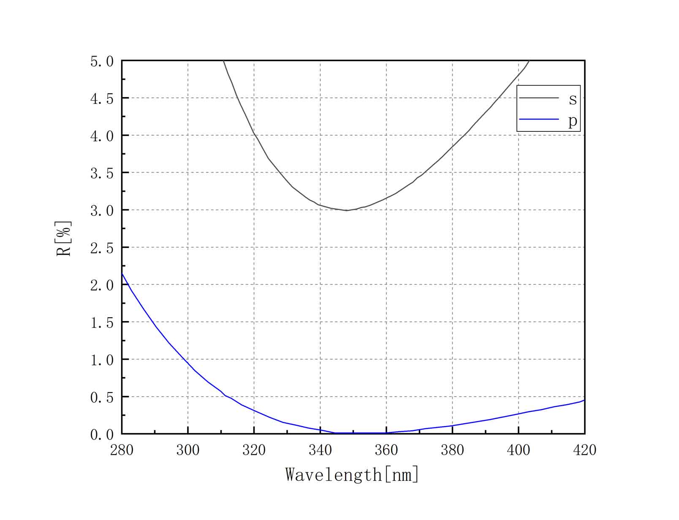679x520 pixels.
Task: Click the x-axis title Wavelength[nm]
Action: coord(352,474)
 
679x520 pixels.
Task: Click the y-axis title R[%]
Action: coord(64,238)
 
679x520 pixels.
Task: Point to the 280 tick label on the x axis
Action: coord(122,450)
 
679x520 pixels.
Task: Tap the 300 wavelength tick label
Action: coord(188,450)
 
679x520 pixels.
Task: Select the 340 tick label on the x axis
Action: coord(320,450)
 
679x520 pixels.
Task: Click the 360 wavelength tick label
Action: coord(386,450)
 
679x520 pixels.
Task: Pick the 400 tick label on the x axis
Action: coord(519,450)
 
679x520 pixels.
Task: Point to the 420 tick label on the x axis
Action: coord(585,450)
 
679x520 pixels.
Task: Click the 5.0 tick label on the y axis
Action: coord(102,62)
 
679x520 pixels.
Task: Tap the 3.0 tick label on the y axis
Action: coord(102,210)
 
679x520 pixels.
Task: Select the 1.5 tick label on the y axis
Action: coord(102,323)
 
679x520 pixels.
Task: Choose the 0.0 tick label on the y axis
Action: coord(102,435)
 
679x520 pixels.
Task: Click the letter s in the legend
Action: coord(573,100)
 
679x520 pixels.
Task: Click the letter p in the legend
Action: coord(573,121)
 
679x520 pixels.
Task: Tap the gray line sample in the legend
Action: coord(539,98)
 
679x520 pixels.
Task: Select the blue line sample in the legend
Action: coord(539,119)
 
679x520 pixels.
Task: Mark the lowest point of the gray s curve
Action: coord(347,210)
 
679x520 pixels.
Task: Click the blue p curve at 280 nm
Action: coord(122,274)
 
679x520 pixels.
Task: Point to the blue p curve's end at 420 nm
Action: coord(584,400)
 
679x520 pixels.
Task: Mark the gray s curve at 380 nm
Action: coord(452,147)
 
